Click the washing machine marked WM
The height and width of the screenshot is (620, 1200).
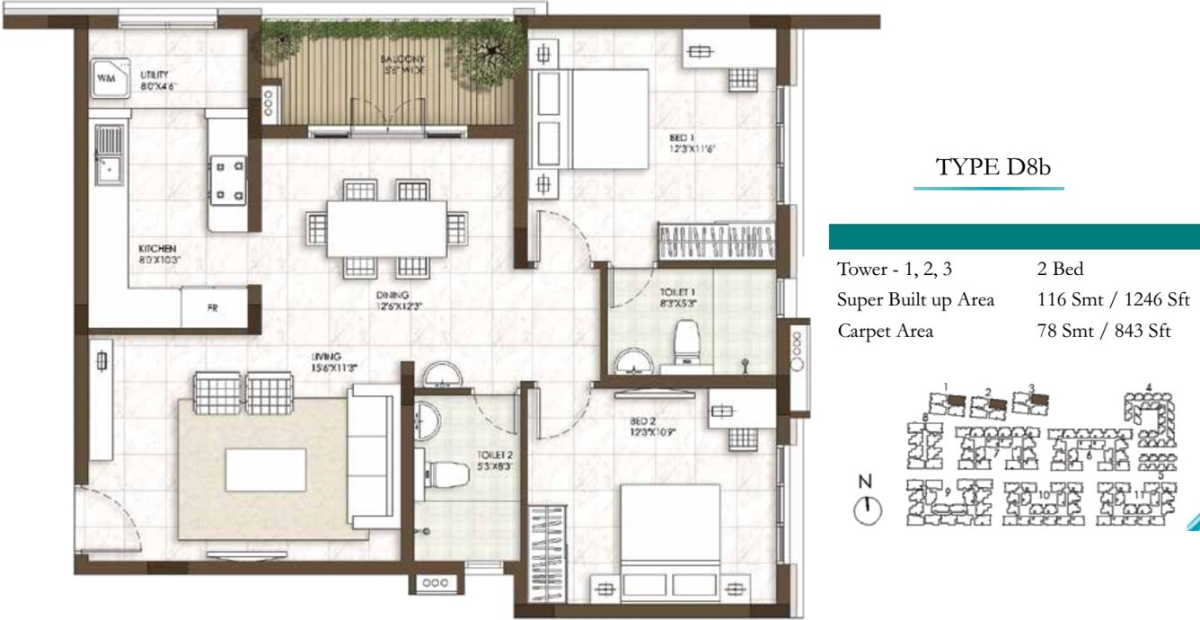coord(106,79)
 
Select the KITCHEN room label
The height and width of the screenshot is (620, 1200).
coord(156,252)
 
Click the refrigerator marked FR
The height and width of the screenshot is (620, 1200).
coord(213,307)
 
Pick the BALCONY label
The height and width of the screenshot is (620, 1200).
coord(401,63)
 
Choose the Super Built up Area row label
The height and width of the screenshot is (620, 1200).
coord(915,300)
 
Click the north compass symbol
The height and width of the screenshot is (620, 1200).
coord(866,509)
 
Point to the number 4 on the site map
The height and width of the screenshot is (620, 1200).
coord(1148,388)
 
